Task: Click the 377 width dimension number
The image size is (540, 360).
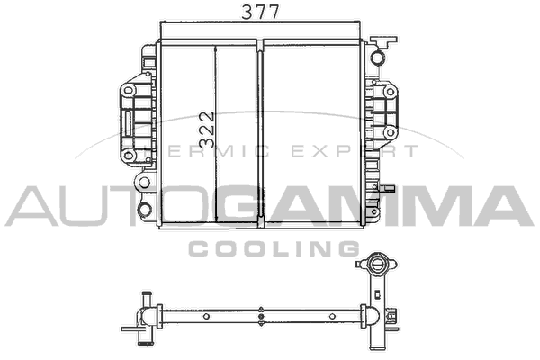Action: tap(260, 12)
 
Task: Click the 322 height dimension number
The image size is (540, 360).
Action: tap(207, 130)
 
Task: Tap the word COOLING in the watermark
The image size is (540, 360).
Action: tap(274, 248)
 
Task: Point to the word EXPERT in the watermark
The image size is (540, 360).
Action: tap(355, 151)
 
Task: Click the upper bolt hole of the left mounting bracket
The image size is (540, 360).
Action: tap(129, 91)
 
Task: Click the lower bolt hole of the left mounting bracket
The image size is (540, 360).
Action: tap(129, 155)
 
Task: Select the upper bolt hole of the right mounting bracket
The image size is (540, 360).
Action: tap(391, 92)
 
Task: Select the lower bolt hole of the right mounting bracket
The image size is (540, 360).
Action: tap(391, 132)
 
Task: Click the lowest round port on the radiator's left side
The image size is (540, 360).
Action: tap(144, 209)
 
